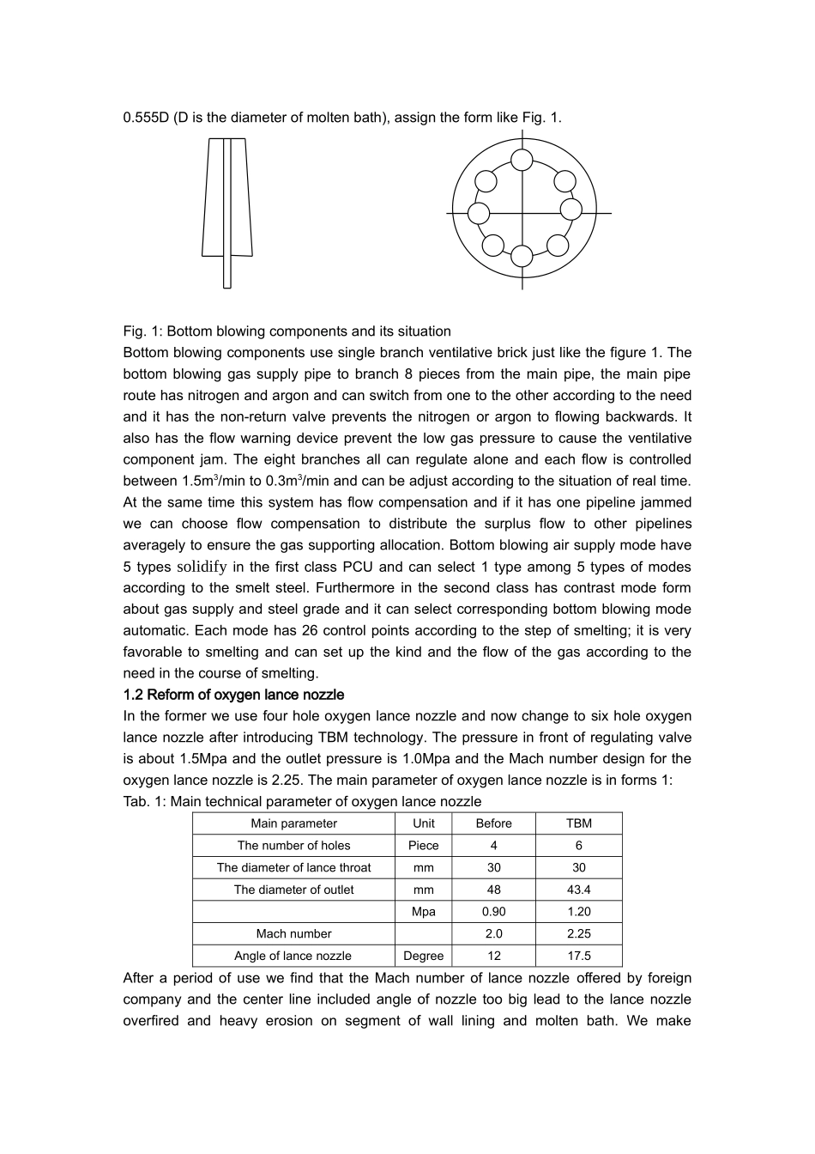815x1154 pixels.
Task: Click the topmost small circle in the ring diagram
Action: [522, 160]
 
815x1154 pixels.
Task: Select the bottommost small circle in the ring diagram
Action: [522, 256]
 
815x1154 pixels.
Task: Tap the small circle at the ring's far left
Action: [479, 213]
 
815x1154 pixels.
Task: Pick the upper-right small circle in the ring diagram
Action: [564, 181]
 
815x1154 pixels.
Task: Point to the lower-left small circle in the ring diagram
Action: [493, 246]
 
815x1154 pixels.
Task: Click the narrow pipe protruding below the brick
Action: [227, 272]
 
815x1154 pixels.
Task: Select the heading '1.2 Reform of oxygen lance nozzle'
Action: [233, 695]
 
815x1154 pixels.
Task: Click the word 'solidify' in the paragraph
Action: [202, 567]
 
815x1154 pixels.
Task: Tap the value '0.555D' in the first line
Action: [146, 118]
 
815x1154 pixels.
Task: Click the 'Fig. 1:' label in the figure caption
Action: [142, 331]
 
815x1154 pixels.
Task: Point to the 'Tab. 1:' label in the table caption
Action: [144, 801]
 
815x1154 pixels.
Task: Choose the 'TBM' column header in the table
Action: [579, 823]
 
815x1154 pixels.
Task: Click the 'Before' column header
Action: [493, 823]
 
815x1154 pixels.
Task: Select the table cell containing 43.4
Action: [579, 890]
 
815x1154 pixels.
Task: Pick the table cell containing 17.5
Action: [579, 956]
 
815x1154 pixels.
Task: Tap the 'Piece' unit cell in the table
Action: [423, 846]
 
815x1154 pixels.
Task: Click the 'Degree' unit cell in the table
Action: [423, 956]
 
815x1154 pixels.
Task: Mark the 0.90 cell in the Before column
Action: [493, 912]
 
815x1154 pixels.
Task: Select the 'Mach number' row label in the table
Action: [293, 934]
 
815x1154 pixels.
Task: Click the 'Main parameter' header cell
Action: [293, 823]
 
